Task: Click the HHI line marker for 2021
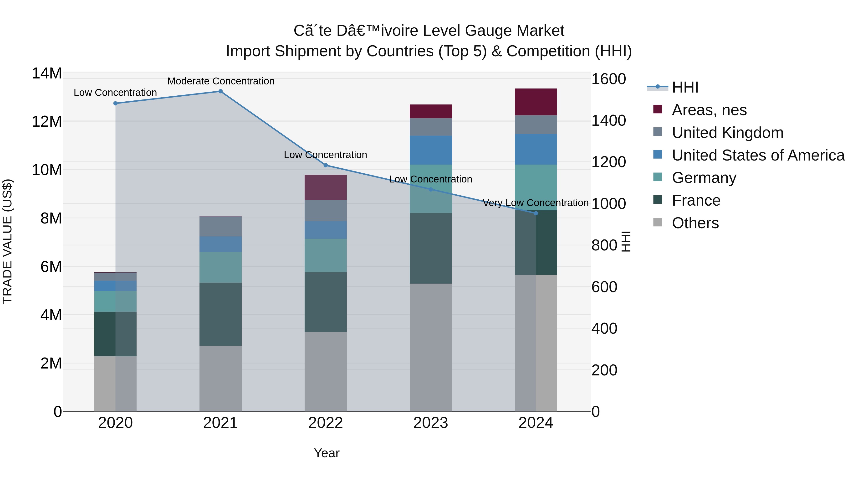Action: click(220, 91)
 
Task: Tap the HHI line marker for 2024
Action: click(536, 213)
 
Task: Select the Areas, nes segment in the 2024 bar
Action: click(536, 102)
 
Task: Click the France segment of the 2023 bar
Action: click(430, 248)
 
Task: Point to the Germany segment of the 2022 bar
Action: click(325, 255)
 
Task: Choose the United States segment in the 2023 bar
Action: click(430, 150)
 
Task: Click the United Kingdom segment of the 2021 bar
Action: click(220, 227)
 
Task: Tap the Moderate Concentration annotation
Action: click(221, 81)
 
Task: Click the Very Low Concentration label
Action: click(535, 203)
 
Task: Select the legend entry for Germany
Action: click(704, 178)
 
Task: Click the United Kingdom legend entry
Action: click(727, 133)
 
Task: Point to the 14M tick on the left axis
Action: click(47, 73)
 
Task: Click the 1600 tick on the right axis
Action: click(608, 79)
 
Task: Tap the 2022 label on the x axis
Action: click(325, 423)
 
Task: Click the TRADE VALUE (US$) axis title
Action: click(7, 241)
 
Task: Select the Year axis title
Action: click(327, 453)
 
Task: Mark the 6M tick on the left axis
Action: click(51, 267)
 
